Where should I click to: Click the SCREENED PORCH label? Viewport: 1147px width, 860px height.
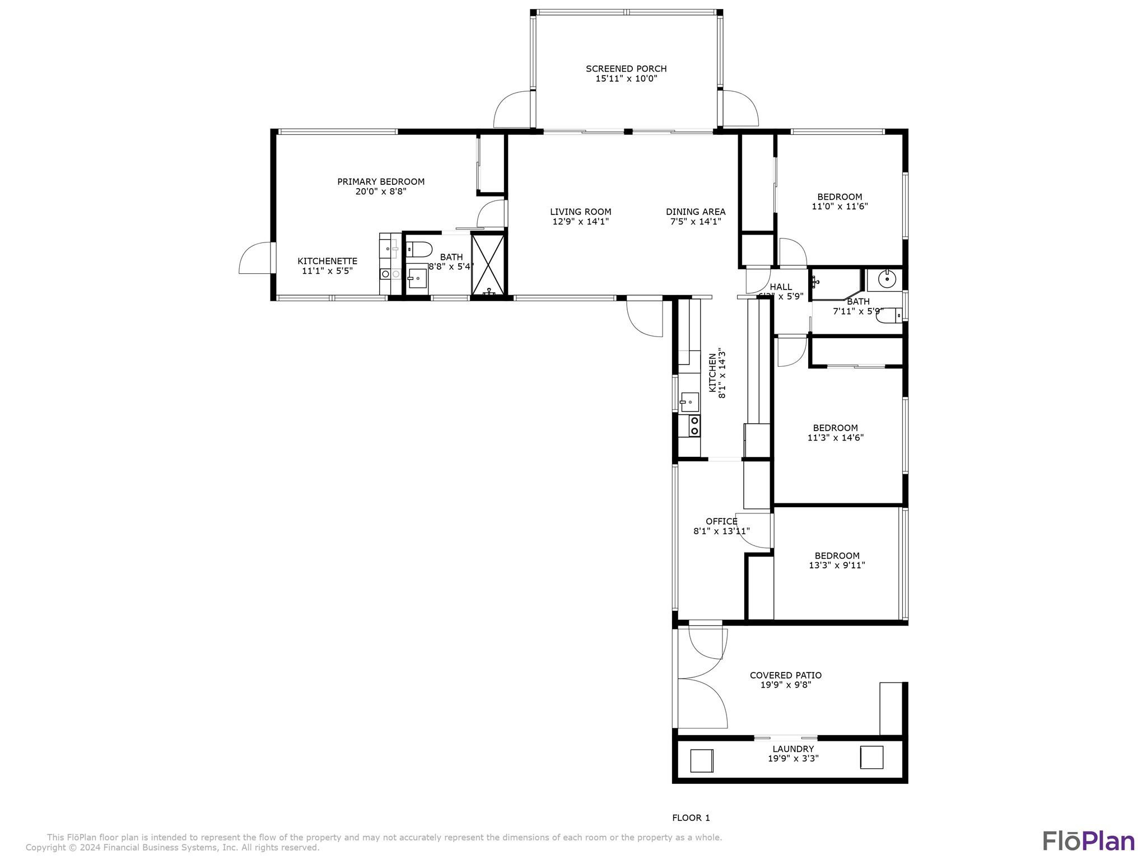pos(626,69)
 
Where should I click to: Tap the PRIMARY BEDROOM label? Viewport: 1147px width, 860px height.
pos(381,181)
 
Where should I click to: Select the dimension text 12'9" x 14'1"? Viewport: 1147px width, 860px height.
pos(580,222)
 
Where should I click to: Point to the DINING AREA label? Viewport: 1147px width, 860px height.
pos(696,212)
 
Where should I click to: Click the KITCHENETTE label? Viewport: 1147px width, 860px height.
pos(327,261)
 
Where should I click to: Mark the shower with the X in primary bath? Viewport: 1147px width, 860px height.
pos(488,263)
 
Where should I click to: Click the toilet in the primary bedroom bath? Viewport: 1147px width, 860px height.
pos(418,249)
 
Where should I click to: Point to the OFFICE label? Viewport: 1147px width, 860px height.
pos(721,521)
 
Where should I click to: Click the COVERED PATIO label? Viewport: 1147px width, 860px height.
pos(786,675)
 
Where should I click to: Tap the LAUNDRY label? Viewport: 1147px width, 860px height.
pos(793,749)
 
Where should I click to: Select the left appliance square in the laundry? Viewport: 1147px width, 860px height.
pos(701,760)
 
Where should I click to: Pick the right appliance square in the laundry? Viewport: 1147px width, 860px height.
pos(871,758)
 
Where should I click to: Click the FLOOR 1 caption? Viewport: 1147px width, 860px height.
pos(691,817)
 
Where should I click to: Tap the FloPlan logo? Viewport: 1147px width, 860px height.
pos(1088,840)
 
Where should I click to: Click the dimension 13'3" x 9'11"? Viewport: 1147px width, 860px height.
pos(837,565)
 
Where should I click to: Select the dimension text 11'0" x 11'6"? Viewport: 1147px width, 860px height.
pos(840,206)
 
